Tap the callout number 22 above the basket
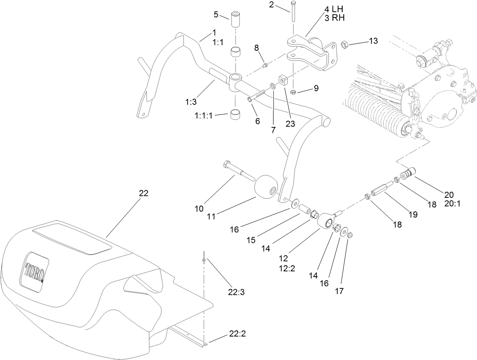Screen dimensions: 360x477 tap(143, 193)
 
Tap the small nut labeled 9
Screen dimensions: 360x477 tap(293, 92)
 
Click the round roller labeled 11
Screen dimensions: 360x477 tap(265, 186)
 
